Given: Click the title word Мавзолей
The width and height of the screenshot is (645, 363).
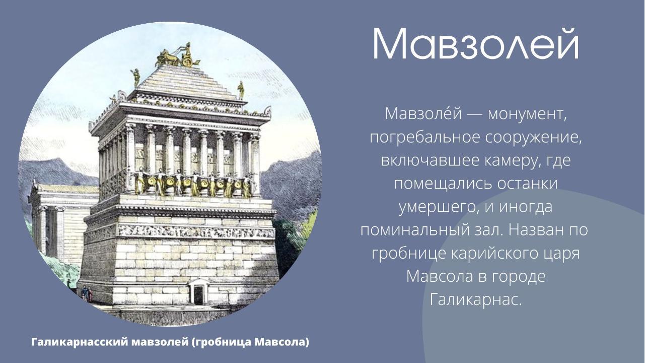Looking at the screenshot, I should tap(475, 44).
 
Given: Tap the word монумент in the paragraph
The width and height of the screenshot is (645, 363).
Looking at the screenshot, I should tap(524, 114).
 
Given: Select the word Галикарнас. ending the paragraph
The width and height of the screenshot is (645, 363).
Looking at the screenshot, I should tap(475, 300).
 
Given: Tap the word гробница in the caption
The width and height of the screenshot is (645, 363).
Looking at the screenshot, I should tap(224, 342).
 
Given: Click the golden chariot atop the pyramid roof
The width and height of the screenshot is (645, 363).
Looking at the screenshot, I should tap(178, 56).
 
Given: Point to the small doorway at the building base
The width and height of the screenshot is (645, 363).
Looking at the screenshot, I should tap(198, 292).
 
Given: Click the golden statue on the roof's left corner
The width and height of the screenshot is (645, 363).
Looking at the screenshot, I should tap(135, 78).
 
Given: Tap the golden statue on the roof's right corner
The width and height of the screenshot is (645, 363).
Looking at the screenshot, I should tap(241, 89).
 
